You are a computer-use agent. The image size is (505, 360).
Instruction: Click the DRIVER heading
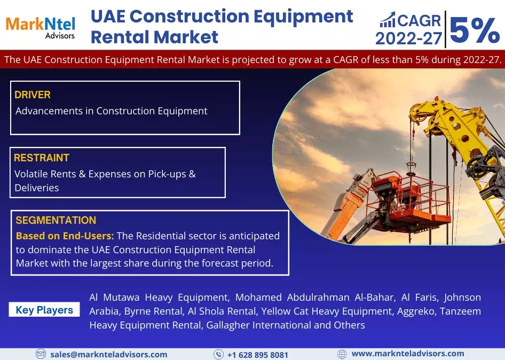pos(33,95)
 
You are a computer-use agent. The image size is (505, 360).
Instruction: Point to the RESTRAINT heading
pos(42,158)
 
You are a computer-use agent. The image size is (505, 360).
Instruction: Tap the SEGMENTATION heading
pos(56,220)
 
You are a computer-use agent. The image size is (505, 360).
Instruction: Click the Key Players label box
pos(44,310)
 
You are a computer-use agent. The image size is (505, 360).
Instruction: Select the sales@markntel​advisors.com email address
pos(109,354)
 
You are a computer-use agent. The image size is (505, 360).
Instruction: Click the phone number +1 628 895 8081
pos(258,355)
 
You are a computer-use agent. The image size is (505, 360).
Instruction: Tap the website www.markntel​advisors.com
pos(408,354)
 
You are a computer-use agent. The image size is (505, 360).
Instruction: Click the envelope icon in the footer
pos(41,354)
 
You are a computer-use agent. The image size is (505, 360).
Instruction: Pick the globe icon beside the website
pos(342,354)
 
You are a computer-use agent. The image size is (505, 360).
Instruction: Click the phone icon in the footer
pos(218,354)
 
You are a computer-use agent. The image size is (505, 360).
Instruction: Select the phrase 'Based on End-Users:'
pos(65,236)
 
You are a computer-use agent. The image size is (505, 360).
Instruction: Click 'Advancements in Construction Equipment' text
pos(111,111)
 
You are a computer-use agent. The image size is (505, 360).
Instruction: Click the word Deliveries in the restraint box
pos(37,187)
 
